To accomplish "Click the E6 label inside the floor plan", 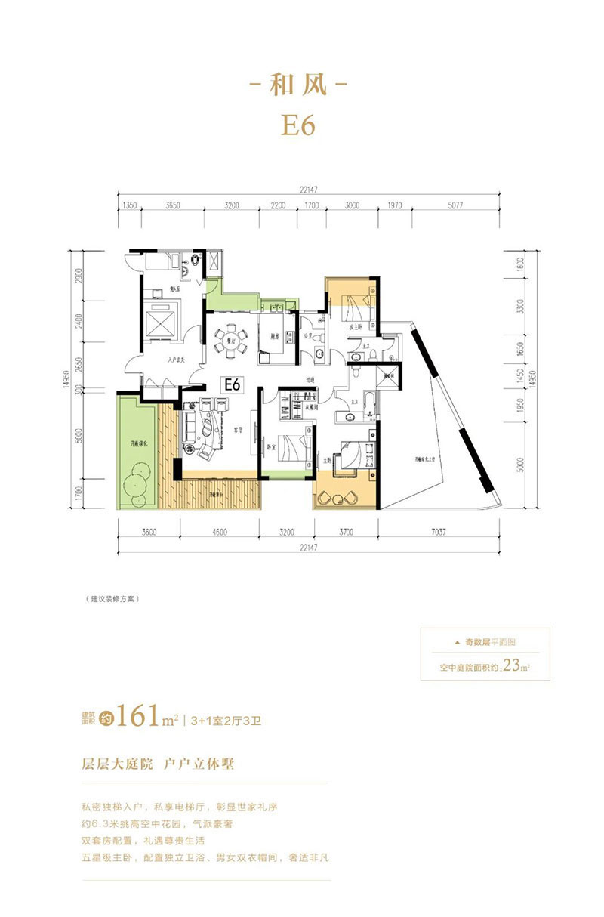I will coord(231,384).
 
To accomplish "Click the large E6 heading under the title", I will coord(298,125).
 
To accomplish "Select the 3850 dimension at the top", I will coord(175,205).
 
